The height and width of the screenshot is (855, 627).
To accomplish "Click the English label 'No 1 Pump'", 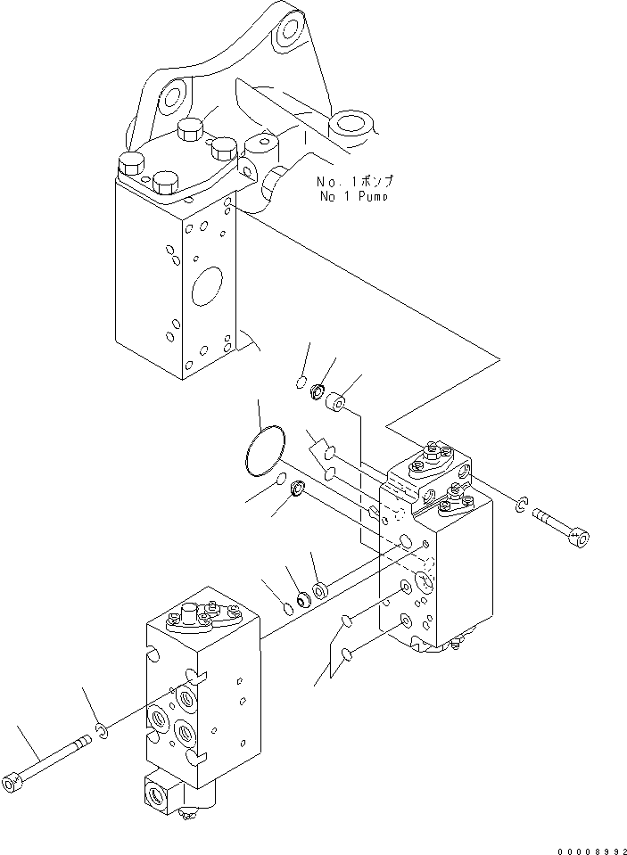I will click(x=352, y=196).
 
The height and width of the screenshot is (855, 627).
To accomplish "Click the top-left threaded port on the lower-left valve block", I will click(x=186, y=695).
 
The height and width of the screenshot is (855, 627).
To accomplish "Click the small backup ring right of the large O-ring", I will click(x=299, y=488).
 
